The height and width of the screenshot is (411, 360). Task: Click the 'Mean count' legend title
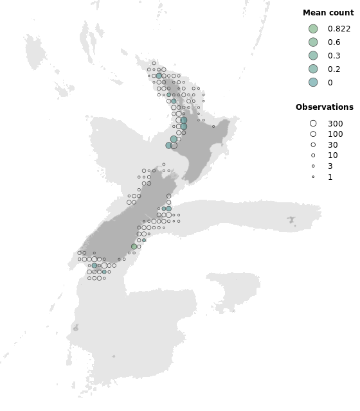[328, 13]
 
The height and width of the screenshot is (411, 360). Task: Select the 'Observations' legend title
[324, 107]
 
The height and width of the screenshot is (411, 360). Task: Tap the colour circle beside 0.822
[313, 29]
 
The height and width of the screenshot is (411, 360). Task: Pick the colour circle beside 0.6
[313, 42]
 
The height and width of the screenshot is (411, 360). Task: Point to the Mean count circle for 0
[313, 82]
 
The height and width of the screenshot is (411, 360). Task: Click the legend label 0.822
[339, 29]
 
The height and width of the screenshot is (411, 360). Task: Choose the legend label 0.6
[334, 42]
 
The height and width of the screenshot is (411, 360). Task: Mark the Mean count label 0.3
[334, 56]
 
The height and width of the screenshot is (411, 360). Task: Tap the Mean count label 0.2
[334, 69]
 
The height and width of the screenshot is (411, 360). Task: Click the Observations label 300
[335, 123]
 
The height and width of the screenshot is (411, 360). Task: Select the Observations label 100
[335, 134]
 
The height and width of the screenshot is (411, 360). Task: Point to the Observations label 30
[332, 145]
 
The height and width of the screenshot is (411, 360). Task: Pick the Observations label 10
[332, 155]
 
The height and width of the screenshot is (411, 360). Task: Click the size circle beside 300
[313, 123]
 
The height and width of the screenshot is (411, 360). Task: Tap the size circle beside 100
[313, 134]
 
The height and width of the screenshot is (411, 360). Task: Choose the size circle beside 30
[313, 145]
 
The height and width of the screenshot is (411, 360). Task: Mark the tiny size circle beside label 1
[313, 177]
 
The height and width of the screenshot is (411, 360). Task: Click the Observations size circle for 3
[313, 166]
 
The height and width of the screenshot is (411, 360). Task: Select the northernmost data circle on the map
[154, 63]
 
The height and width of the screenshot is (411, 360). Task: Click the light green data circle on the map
[134, 247]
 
